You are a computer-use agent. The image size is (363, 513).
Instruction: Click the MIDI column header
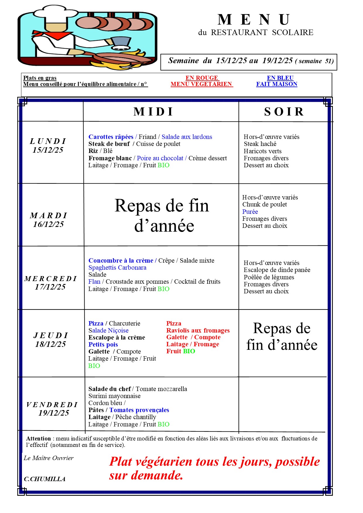pyautogui.click(x=153, y=112)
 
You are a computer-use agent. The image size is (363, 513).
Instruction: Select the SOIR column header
pyautogui.click(x=284, y=112)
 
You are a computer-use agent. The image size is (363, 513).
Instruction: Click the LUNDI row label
pyautogui.click(x=48, y=141)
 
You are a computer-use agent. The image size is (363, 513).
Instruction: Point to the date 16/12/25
pyautogui.click(x=49, y=224)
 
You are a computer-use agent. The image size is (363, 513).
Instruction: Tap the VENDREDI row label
pyautogui.click(x=52, y=405)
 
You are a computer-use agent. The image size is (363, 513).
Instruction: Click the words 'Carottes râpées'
pyautogui.click(x=111, y=137)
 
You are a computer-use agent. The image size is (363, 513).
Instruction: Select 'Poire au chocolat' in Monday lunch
pyautogui.click(x=160, y=158)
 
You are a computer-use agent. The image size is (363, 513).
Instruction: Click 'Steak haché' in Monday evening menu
pyautogui.click(x=260, y=144)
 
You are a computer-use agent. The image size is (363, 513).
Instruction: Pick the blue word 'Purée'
pyautogui.click(x=250, y=212)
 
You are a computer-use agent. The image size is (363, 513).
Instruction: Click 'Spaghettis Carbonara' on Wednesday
pyautogui.click(x=117, y=268)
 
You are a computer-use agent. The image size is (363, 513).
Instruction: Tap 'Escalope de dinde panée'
pyautogui.click(x=277, y=270)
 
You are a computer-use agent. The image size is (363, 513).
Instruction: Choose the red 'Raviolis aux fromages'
pyautogui.click(x=198, y=330)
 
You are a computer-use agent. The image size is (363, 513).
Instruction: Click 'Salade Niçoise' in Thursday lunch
pyautogui.click(x=108, y=330)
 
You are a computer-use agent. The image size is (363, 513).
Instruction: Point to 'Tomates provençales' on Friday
pyautogui.click(x=139, y=410)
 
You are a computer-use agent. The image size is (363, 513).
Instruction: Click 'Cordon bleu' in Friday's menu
pyautogui.click(x=105, y=403)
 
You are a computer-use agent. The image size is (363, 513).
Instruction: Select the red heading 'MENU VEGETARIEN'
pyautogui.click(x=201, y=84)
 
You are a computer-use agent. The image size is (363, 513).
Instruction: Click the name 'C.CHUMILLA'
pyautogui.click(x=44, y=479)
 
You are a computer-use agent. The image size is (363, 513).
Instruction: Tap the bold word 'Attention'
pyautogui.click(x=38, y=439)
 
